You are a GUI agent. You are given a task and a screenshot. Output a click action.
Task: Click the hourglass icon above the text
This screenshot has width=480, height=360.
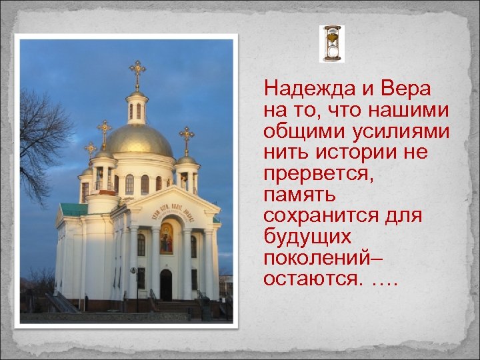click(x=331, y=44)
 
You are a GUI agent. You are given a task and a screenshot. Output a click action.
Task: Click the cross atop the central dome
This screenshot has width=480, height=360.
click(x=137, y=72)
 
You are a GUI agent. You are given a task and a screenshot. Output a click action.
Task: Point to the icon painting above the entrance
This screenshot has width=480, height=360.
click(x=166, y=238)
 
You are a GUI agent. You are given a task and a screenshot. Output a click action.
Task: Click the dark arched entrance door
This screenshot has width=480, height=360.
click(x=166, y=285)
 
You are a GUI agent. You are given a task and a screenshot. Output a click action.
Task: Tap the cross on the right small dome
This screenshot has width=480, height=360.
click(x=186, y=139)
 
